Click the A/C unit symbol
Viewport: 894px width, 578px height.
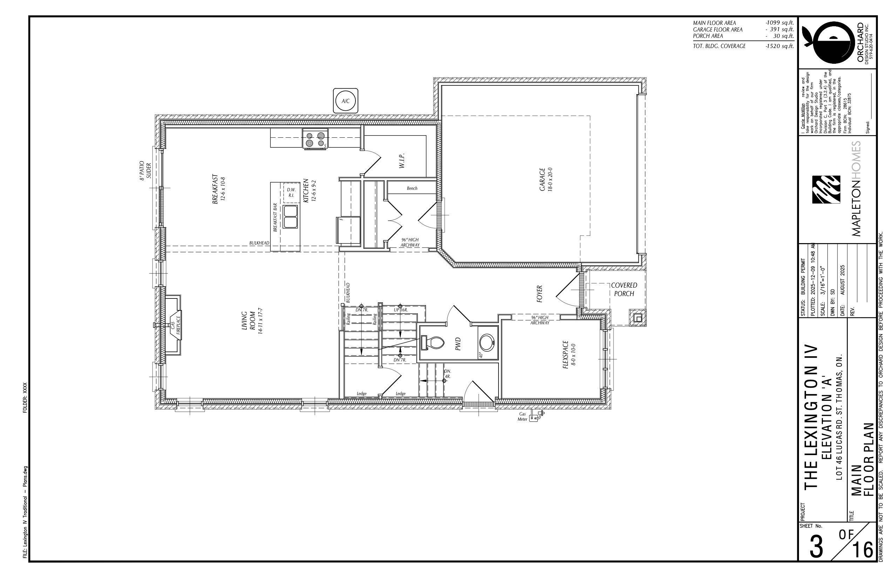coord(346,101)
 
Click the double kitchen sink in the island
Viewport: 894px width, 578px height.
coord(290,216)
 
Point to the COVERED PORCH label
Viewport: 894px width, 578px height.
coord(624,289)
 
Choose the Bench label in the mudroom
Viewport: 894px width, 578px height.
coord(412,188)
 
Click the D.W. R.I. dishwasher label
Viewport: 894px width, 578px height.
coord(291,193)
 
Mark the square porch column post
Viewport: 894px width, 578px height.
coord(637,317)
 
